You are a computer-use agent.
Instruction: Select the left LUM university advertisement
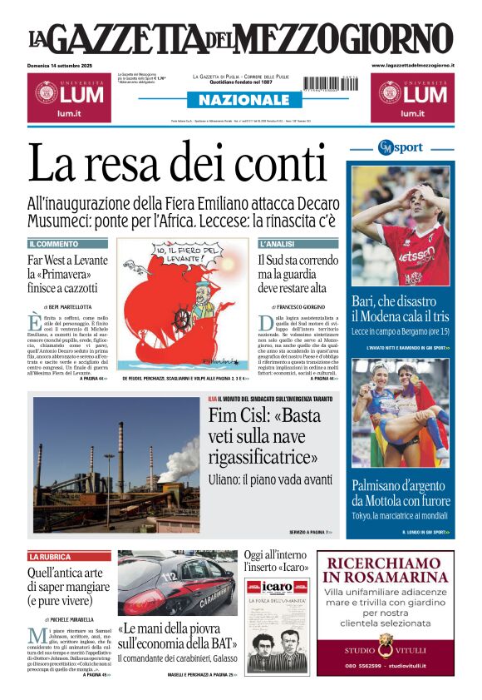click(69, 97)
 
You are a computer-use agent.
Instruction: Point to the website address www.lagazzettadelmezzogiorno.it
click(412, 65)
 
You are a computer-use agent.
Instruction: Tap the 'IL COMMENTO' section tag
click(54, 244)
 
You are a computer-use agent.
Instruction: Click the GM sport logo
click(401, 148)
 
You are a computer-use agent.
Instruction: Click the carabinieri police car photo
click(176, 582)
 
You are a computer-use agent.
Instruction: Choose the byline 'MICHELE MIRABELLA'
click(69, 619)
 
